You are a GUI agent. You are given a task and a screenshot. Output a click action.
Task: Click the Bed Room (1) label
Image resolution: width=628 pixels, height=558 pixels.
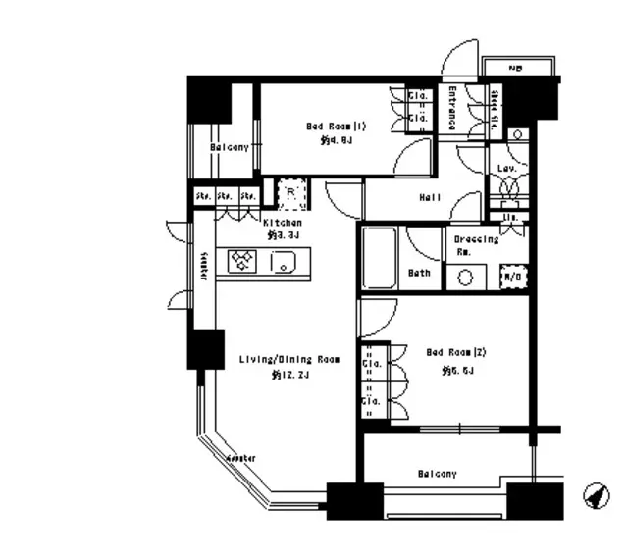coord(336,127)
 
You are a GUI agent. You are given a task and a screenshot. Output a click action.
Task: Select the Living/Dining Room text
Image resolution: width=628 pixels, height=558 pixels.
coord(289,360)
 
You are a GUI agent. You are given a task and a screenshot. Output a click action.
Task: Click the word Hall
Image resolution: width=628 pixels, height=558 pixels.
coord(430,198)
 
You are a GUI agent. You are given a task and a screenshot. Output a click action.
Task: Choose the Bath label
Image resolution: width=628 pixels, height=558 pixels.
coord(420,274)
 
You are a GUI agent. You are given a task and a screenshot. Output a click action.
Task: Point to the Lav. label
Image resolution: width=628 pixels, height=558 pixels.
coord(507,169)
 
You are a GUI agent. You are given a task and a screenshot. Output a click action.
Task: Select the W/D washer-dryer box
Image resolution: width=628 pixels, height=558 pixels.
coord(513,277)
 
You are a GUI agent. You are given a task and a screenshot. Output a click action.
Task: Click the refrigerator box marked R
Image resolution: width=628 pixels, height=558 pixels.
coord(291,193)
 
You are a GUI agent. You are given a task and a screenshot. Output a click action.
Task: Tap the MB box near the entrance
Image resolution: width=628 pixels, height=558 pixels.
coord(516,68)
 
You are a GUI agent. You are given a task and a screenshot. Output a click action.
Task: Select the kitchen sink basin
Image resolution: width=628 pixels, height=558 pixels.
coord(284,262)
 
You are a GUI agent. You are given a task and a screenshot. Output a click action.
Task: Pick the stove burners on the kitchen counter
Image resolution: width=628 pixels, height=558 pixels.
coord(242,261)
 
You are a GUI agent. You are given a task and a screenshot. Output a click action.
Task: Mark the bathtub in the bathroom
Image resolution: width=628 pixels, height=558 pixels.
coord(377,257)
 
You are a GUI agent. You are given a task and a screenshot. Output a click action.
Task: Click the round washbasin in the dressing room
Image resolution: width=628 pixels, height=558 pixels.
coord(466,277)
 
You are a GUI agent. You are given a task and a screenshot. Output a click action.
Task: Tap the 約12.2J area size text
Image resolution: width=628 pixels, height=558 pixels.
coord(289,375)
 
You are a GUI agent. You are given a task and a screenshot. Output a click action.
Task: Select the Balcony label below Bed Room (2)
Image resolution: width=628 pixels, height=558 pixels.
coord(437,474)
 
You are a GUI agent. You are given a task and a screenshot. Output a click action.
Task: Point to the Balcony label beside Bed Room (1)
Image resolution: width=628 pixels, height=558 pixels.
coord(229,147)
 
